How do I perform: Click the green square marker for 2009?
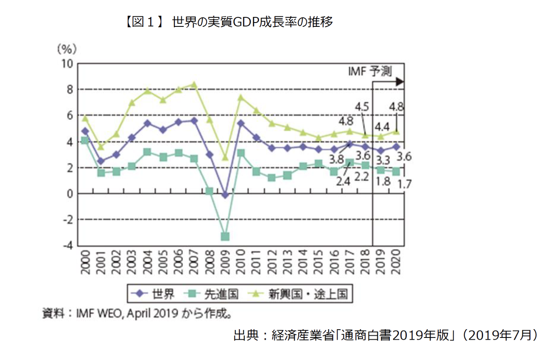point(225,237)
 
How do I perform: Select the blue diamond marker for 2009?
point(225,195)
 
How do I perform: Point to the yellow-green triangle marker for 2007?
point(194,84)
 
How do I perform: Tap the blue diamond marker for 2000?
point(85,131)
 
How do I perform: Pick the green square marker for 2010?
point(241,153)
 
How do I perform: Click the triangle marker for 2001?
point(101,147)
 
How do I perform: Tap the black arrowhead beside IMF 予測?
point(400,81)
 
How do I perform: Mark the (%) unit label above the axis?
point(67,48)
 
